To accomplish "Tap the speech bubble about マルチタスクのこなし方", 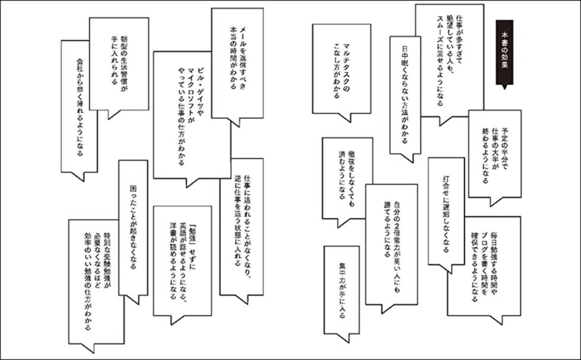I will [341, 65].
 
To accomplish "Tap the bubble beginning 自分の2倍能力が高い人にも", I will [392, 240].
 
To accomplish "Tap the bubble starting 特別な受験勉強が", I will [95, 279].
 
